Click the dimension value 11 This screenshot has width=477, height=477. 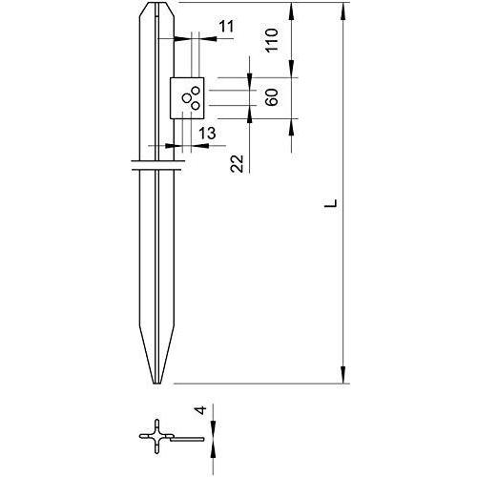[225, 27]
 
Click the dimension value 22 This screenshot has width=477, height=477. [238, 163]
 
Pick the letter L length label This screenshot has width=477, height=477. [327, 203]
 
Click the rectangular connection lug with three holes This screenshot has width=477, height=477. [188, 96]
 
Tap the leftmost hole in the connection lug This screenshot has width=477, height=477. [185, 96]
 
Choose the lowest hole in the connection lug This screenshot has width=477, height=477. [194, 104]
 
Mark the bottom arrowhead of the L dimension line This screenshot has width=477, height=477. [342, 378]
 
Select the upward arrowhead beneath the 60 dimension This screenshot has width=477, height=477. [250, 112]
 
